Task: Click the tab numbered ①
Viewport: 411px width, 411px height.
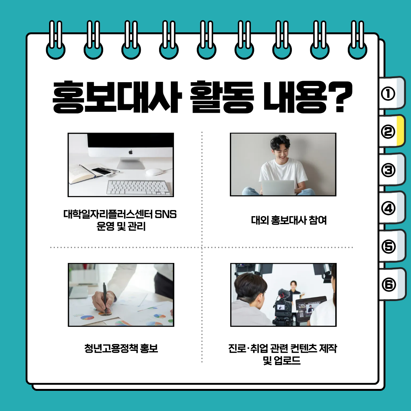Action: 392,93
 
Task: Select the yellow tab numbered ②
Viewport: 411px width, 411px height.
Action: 392,131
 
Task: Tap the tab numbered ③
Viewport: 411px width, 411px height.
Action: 392,170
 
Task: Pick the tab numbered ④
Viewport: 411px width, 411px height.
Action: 392,208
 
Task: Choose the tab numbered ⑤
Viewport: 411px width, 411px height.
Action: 392,246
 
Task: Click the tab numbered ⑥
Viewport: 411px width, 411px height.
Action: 392,284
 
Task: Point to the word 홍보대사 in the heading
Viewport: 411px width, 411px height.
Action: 117,97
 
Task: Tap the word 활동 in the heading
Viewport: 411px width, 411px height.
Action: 222,97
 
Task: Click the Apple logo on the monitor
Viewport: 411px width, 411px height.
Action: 131,152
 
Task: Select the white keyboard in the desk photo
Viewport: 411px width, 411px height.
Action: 139,188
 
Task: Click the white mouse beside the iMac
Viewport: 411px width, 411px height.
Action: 154,172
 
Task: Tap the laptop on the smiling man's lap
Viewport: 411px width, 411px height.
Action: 278,187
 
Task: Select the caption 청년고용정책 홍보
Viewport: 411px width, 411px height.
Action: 121,348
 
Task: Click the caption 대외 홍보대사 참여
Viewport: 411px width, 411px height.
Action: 289,220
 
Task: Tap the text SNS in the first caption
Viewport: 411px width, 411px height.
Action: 166,214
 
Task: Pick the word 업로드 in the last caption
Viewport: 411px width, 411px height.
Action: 287,361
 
